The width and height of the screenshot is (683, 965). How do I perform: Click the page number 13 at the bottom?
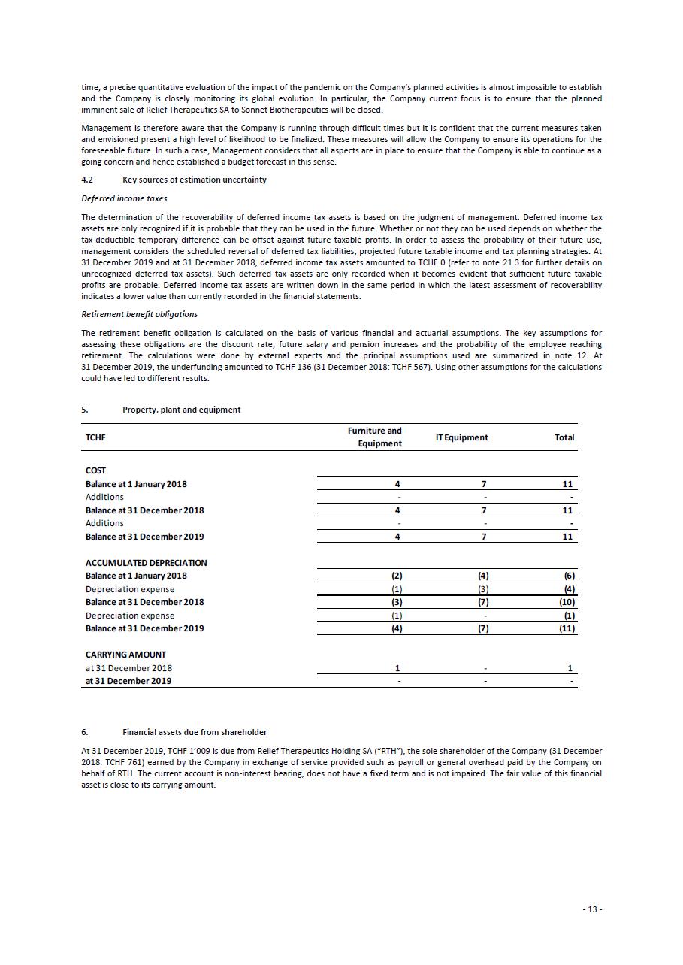pyautogui.click(x=592, y=909)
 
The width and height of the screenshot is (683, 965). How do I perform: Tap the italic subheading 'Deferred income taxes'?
pyautogui.click(x=124, y=198)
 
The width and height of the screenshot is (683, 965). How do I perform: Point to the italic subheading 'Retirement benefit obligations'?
pyautogui.click(x=139, y=314)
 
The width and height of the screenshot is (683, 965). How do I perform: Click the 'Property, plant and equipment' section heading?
pyautogui.click(x=181, y=410)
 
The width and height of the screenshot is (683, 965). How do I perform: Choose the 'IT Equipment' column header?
pyautogui.click(x=461, y=437)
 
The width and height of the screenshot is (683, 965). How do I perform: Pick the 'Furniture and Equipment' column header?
pyautogui.click(x=375, y=437)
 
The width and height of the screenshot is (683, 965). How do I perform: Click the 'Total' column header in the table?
pyautogui.click(x=564, y=437)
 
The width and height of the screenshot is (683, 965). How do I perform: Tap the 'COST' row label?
pyautogui.click(x=95, y=470)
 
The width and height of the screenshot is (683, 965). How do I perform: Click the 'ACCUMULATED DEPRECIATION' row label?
pyautogui.click(x=146, y=563)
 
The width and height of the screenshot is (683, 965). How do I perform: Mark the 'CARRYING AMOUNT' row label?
pyautogui.click(x=125, y=655)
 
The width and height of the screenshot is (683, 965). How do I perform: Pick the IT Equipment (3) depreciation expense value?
pyautogui.click(x=484, y=589)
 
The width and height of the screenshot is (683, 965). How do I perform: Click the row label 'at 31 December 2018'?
pyautogui.click(x=128, y=668)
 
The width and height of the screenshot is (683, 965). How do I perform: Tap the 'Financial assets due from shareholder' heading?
pyautogui.click(x=194, y=732)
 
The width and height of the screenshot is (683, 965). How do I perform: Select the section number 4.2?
pyautogui.click(x=87, y=180)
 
